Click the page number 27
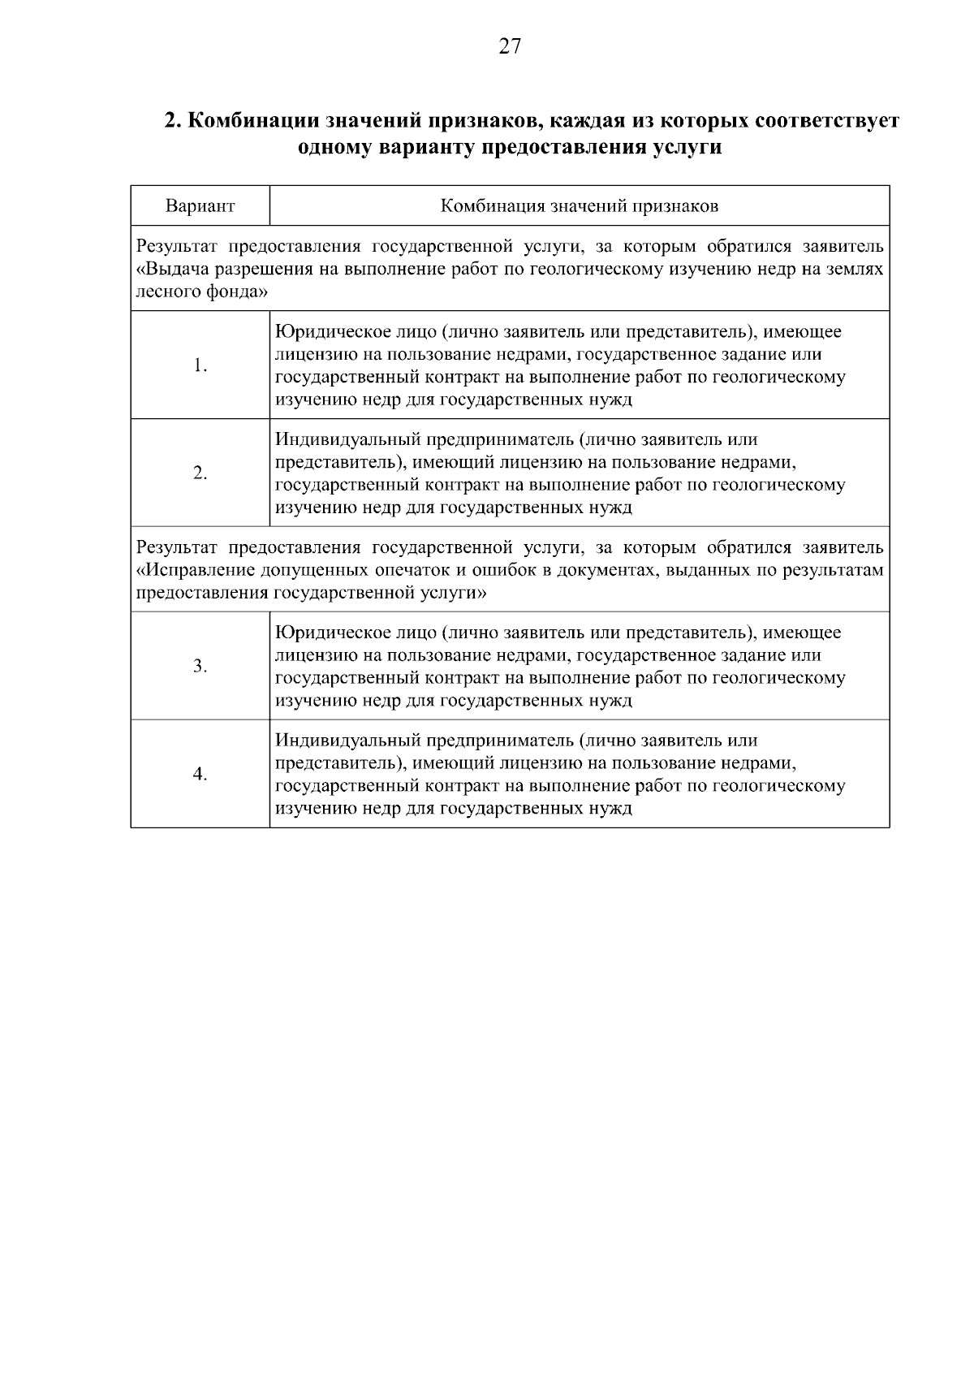pyautogui.click(x=509, y=46)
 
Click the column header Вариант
pyautogui.click(x=200, y=206)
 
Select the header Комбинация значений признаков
pyautogui.click(x=579, y=206)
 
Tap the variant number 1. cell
pyautogui.click(x=200, y=365)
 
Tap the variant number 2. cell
pyautogui.click(x=200, y=473)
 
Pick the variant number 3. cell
pyautogui.click(x=200, y=667)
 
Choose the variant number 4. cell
pyautogui.click(x=200, y=774)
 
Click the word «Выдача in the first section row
pyautogui.click(x=171, y=269)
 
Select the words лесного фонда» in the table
pyautogui.click(x=202, y=292)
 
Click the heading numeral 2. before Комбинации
pyautogui.click(x=171, y=121)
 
